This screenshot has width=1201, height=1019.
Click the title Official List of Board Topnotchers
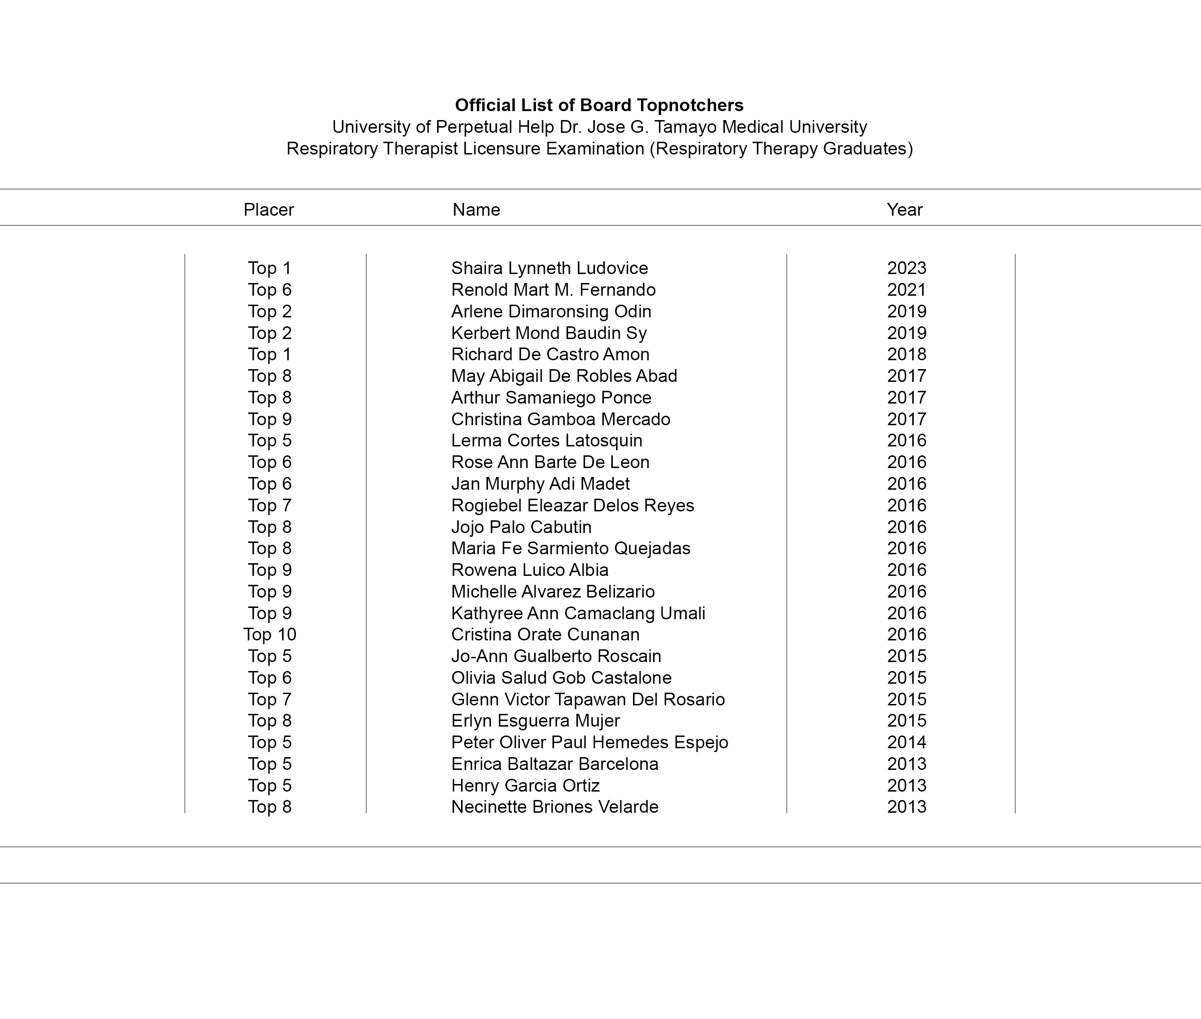(599, 105)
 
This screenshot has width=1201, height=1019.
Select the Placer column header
(268, 210)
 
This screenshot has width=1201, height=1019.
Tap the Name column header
(476, 210)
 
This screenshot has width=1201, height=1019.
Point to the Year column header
(905, 210)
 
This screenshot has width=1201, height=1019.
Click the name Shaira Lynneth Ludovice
(549, 268)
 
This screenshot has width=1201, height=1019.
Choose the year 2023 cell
(906, 268)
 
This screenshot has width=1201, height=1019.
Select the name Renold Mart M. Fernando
(553, 290)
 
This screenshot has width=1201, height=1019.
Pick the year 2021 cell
(906, 290)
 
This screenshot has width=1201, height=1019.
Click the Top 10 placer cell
(270, 634)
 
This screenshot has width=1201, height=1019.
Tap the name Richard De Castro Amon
(550, 354)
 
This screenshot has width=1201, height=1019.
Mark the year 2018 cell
(906, 354)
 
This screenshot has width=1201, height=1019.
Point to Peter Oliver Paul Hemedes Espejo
(589, 742)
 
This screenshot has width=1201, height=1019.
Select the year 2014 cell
(906, 742)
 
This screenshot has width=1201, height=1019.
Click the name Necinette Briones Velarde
(554, 807)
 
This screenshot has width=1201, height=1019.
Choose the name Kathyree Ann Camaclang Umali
(578, 613)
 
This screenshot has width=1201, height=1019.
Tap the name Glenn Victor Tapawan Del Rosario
(587, 700)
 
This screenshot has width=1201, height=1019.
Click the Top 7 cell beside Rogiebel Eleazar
(270, 505)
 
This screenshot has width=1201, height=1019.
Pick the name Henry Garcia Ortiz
(525, 785)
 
